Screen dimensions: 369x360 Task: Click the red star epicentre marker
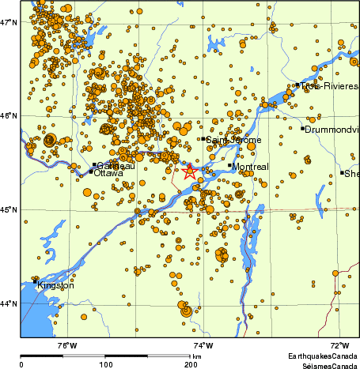190,171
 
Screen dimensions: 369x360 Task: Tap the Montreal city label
252,167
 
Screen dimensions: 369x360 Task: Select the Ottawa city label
108,173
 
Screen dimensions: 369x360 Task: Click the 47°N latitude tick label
9,21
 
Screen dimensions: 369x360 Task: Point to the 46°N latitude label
9,115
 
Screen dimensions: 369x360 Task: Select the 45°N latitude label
9,209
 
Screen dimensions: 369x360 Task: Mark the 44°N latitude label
9,303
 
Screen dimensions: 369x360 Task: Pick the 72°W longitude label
339,345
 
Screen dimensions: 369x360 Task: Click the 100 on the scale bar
105,364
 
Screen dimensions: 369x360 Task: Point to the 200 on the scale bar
191,364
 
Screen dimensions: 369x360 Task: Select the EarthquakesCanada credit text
323,356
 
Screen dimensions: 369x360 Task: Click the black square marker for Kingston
36,281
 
